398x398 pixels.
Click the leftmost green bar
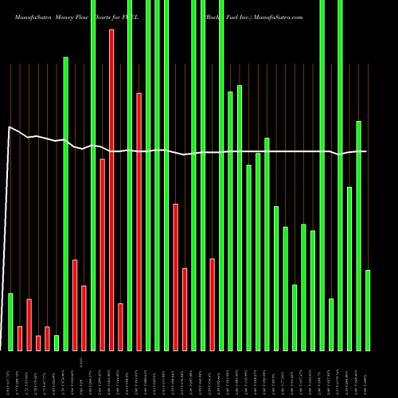(x=10, y=322)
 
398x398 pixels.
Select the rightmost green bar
(x=368, y=310)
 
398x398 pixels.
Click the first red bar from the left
(x=20, y=338)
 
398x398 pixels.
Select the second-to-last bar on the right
(x=358, y=236)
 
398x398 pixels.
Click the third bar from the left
(x=29, y=325)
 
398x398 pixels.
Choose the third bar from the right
(x=349, y=268)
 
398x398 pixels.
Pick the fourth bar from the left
(x=38, y=343)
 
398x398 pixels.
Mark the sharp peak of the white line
(x=9, y=127)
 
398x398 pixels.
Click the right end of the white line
(x=366, y=151)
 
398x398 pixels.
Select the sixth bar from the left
(x=57, y=342)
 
